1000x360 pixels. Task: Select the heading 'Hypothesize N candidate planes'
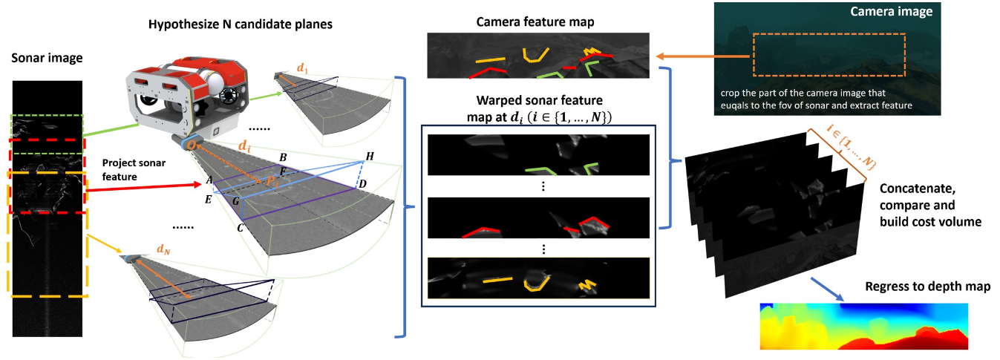click(x=241, y=24)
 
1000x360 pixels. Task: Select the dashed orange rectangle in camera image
click(x=829, y=53)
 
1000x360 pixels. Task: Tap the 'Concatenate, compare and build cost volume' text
click(x=926, y=204)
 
